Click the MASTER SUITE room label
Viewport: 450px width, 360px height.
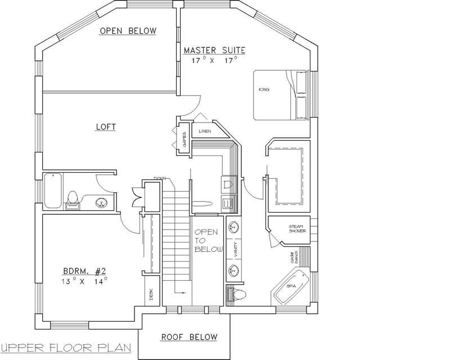tap(214, 50)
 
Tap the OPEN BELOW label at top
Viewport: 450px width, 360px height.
tap(128, 30)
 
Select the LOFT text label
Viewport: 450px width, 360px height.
tap(105, 127)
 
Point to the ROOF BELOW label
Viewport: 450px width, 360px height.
tap(189, 337)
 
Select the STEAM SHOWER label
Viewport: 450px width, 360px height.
tap(296, 228)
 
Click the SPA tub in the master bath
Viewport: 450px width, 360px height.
tap(291, 286)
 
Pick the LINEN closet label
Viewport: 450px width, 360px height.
tap(204, 132)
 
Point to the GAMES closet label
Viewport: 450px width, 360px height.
tap(184, 138)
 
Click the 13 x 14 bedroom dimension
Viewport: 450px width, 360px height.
tap(84, 281)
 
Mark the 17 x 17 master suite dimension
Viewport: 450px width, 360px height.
tap(214, 59)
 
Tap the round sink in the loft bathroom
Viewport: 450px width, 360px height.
tap(101, 202)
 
